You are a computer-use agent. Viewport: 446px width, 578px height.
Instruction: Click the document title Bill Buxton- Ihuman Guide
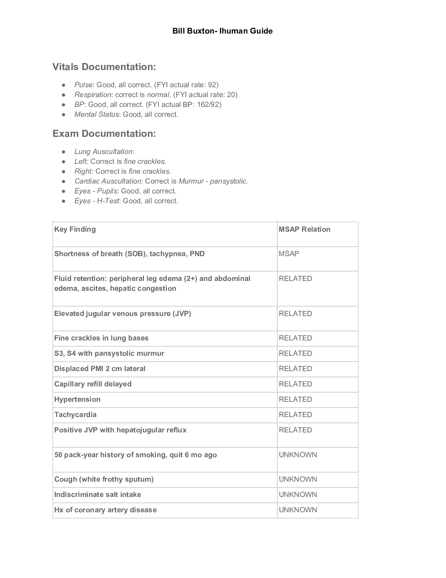(222, 31)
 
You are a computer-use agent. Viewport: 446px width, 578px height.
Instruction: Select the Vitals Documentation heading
(104, 67)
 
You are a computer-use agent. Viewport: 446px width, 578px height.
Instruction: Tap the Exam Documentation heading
(104, 134)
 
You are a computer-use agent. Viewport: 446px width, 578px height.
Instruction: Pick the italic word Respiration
(93, 95)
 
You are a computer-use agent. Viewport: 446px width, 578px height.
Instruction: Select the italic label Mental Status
(97, 114)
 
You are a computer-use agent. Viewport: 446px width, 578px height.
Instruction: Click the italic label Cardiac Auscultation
(107, 181)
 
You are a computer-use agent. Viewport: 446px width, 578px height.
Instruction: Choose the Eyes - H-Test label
(97, 201)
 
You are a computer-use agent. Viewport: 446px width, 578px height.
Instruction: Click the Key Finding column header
(75, 229)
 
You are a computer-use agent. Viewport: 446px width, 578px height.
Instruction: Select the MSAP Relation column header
(304, 229)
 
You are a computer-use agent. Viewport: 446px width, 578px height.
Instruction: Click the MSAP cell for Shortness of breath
(289, 254)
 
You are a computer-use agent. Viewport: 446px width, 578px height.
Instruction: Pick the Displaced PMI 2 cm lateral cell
(100, 369)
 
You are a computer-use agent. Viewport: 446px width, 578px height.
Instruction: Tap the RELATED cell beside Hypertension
(295, 399)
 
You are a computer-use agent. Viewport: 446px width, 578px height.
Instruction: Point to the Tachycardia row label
(75, 415)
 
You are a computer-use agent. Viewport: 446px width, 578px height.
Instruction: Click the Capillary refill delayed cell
(93, 384)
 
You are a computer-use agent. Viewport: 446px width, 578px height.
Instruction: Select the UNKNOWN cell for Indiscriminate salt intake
(298, 494)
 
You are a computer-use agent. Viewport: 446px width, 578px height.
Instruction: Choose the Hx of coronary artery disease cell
(105, 510)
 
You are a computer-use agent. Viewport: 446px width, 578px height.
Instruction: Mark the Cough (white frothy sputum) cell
(104, 479)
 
